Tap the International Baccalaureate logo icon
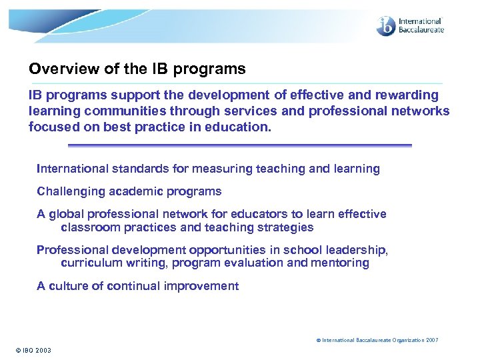pyautogui.click(x=386, y=26)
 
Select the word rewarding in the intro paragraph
pyautogui.click(x=407, y=95)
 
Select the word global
pyautogui.click(x=66, y=214)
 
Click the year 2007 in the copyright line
pyautogui.click(x=431, y=340)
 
